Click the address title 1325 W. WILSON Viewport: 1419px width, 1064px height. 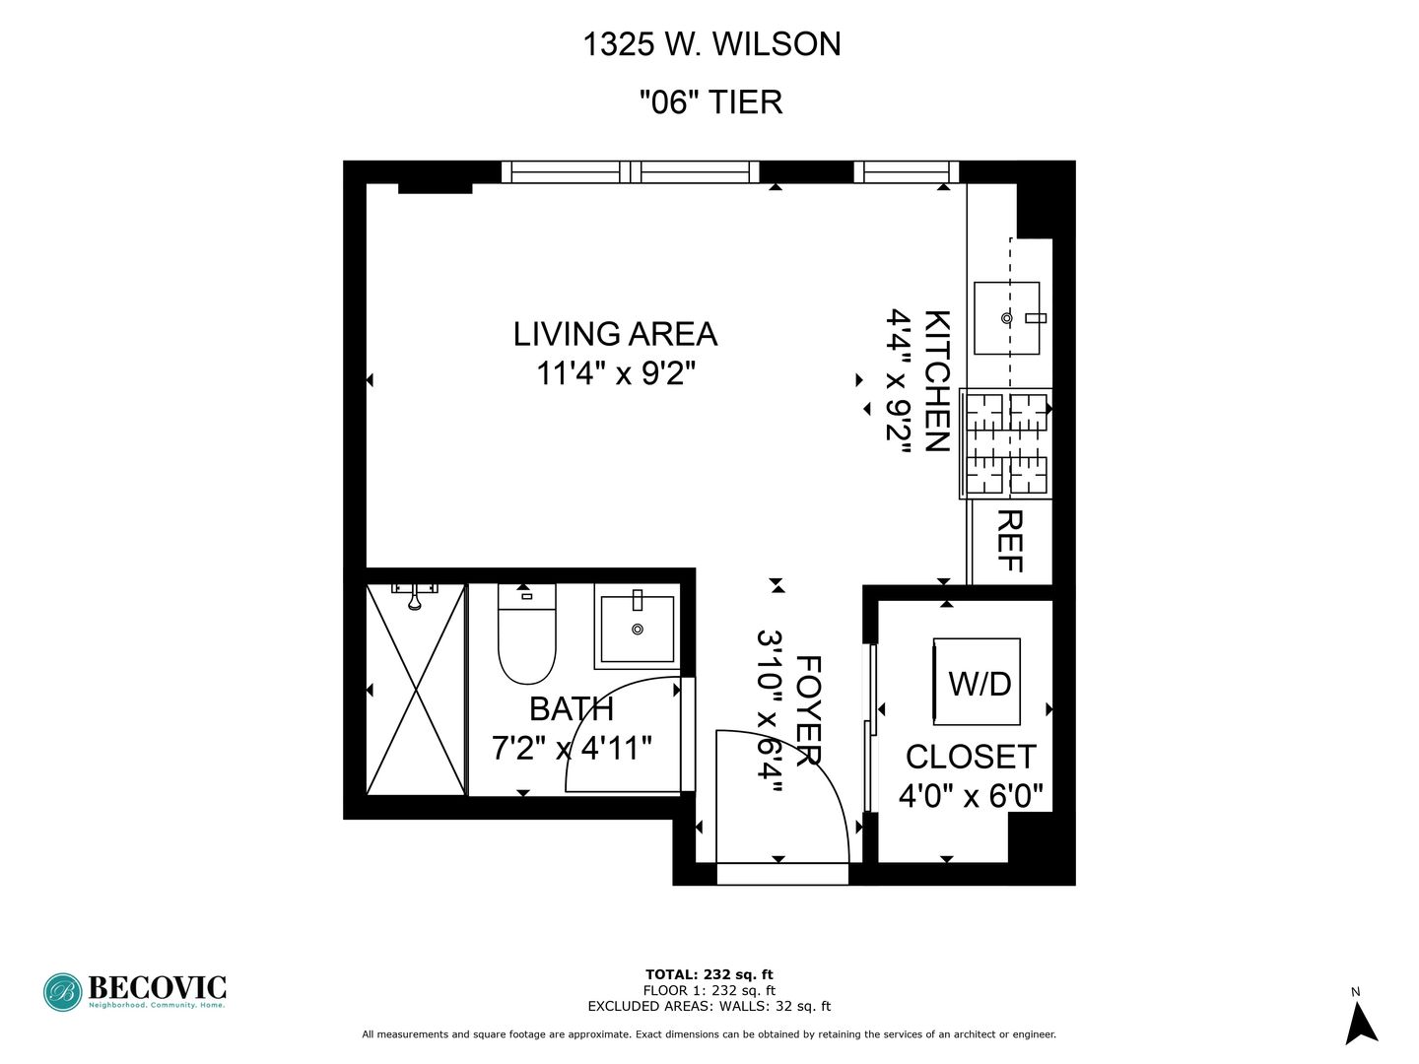point(711,44)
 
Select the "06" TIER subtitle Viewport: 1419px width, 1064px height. point(710,101)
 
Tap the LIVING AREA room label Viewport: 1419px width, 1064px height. point(615,334)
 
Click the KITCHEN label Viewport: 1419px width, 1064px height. point(935,380)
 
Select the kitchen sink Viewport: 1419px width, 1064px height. point(1006,318)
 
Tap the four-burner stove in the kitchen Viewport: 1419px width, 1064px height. point(1006,443)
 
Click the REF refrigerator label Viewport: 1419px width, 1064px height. point(1010,541)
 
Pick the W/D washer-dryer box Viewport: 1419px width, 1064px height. point(978,682)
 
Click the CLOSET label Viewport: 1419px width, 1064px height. point(971,757)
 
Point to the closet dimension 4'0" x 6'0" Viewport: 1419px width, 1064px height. point(971,795)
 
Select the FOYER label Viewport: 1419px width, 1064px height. point(808,710)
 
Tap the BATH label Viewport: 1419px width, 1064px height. point(572,709)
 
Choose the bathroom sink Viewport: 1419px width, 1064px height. point(638,628)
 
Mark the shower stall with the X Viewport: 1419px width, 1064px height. point(415,690)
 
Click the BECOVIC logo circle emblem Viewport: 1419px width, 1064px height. point(63,992)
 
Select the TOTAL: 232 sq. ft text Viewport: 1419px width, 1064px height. point(709,975)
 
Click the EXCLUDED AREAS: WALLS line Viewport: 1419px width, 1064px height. point(709,1007)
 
